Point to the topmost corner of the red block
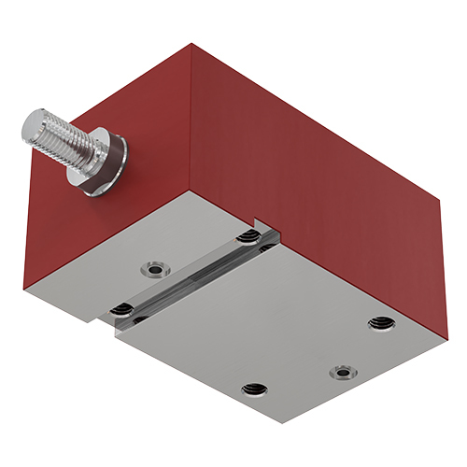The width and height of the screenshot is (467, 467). point(192,44)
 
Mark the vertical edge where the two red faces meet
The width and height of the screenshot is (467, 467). point(191,121)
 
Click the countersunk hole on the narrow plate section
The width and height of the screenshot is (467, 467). point(153,271)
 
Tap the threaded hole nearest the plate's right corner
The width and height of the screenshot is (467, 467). point(378,323)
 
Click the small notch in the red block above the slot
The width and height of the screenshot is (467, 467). point(270,225)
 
